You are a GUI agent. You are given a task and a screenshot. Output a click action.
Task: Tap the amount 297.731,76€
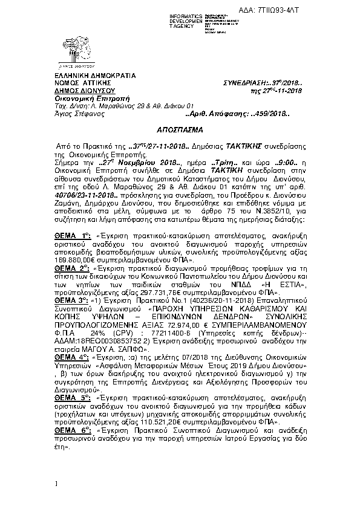pyautogui.click(x=184, y=290)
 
